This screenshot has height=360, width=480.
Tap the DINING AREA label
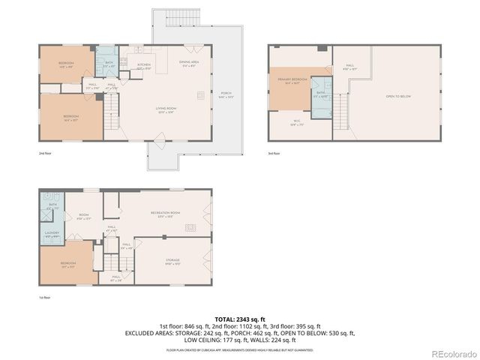coord(188,62)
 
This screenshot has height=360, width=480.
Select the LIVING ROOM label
coord(166,109)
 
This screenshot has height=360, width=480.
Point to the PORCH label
coord(226,94)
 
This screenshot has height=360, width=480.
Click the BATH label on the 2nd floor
coord(109,63)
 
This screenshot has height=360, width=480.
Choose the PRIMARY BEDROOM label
coord(292,79)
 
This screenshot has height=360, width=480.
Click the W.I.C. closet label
coord(295,121)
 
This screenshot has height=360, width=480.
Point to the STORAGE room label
coord(173,260)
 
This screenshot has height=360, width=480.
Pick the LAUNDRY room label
coord(51,233)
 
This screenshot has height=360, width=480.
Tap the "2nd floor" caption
coord(45,152)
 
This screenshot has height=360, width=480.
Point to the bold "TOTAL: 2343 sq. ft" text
coord(240,319)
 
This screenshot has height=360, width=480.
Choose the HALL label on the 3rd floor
coord(349,66)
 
